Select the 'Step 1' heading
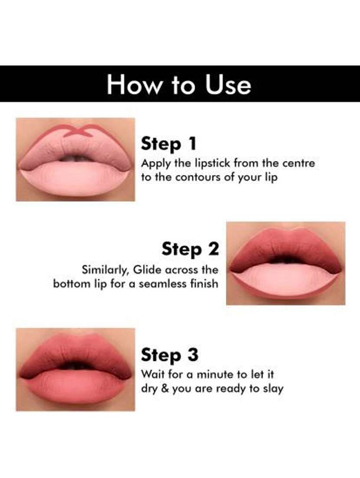pos(169,144)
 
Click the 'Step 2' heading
pos(190,249)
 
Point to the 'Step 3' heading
pos(170,355)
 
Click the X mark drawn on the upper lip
pos(75,131)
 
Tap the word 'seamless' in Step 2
pos(163,284)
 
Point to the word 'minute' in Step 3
pos(214,374)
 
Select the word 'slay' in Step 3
pos(273,389)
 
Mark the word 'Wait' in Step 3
pos(153,374)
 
